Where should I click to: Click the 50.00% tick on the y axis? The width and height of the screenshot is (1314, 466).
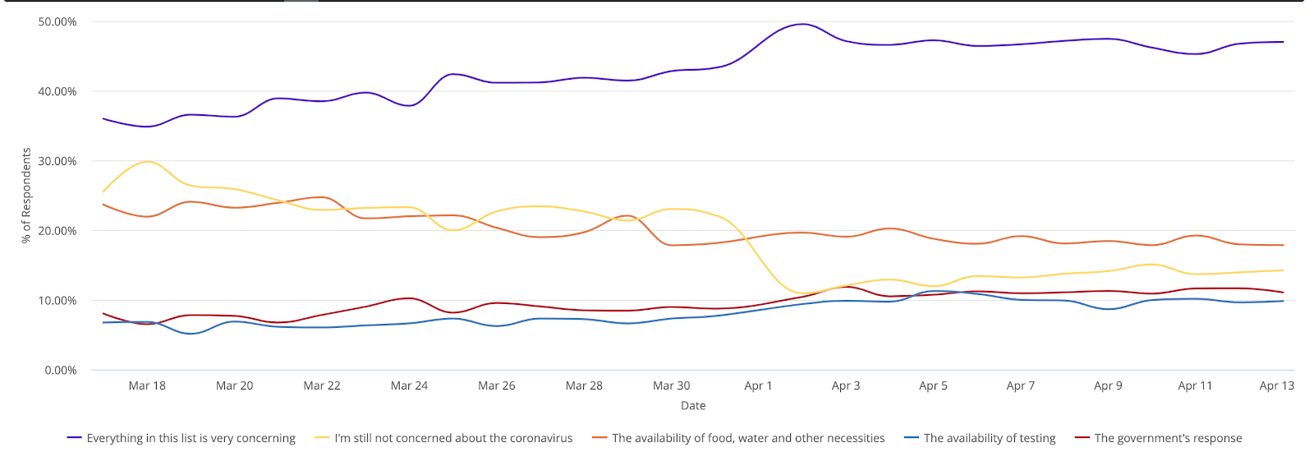57,22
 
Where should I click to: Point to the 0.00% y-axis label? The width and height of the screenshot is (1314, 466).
60,371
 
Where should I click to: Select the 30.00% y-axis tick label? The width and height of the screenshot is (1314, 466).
57,161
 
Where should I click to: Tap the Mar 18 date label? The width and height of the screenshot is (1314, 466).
147,385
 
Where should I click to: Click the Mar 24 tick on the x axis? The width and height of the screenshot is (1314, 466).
409,385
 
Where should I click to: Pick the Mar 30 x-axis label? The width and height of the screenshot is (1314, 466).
671,385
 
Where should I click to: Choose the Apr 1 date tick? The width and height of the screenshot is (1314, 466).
758,385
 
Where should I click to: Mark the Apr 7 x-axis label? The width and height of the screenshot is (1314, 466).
1020,385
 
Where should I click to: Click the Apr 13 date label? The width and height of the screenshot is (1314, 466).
1276,385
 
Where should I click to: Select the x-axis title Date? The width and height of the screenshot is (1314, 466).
693,406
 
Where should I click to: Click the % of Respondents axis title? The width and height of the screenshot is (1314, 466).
26,196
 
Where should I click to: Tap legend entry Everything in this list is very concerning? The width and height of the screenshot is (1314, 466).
191,439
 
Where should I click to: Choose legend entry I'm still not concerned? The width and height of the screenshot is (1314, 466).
453,439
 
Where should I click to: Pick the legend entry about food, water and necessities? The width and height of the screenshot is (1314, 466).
748,439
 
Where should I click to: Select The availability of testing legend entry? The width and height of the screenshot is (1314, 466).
989,439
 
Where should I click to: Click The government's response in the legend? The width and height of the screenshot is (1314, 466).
1168,439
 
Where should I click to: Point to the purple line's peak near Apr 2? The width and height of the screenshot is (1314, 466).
802,24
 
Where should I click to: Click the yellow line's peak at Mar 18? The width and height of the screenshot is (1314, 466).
147,161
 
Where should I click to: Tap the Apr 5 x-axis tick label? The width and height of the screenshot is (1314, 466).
933,385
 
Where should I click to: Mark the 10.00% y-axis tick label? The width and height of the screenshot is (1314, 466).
57,301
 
